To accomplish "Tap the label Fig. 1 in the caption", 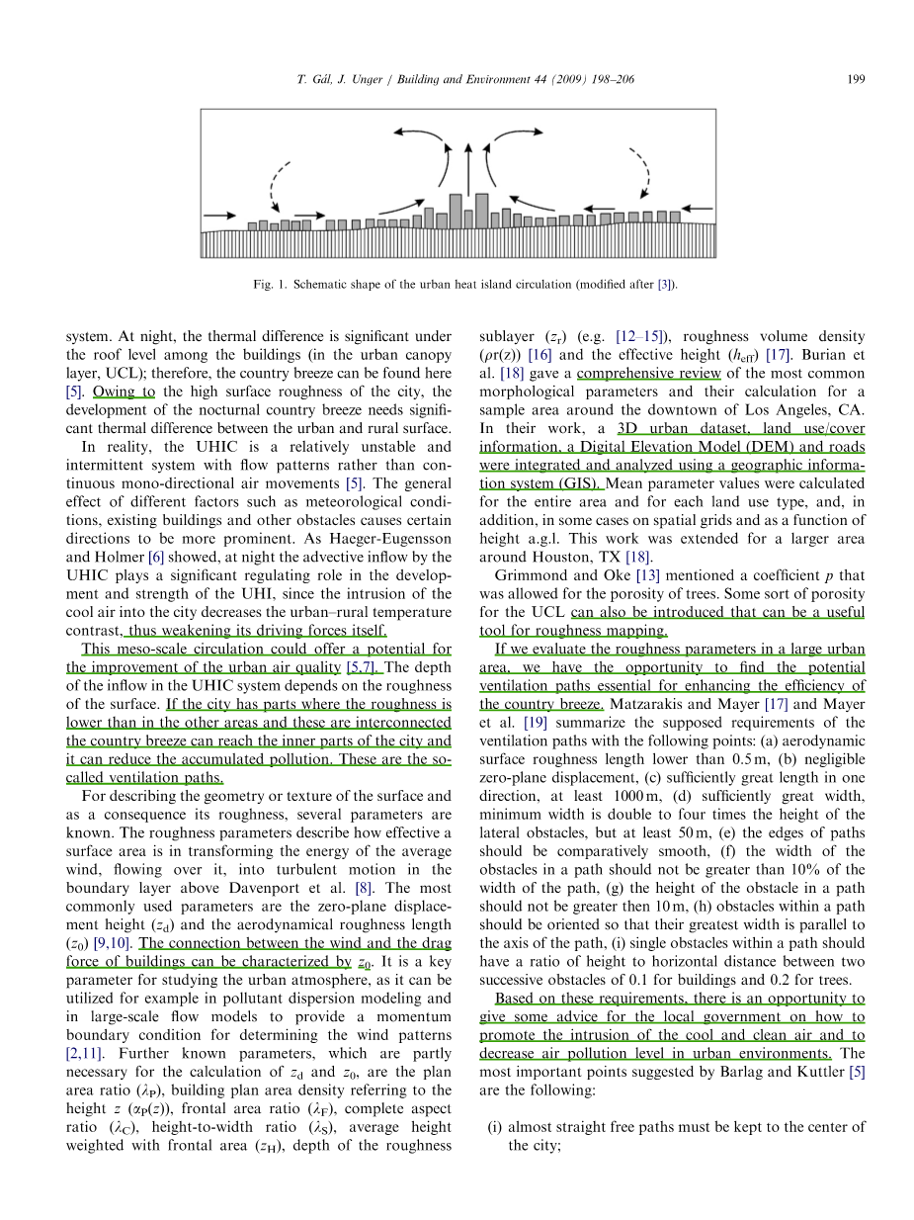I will coord(267,285).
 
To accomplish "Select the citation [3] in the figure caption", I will coord(667,285).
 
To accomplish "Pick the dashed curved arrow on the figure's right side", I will coord(642,173).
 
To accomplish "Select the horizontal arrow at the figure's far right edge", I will coord(697,209).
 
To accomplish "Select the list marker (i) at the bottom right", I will coord(499,1126).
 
